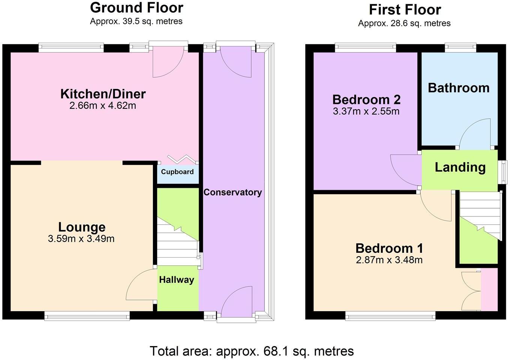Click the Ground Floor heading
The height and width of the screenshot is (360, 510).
tap(136, 7)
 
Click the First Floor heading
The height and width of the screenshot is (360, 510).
tap(405, 9)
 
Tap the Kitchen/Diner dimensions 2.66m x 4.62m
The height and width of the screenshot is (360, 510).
tap(103, 106)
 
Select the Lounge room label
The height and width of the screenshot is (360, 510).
tap(82, 227)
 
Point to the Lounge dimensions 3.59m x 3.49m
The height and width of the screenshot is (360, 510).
tap(81, 238)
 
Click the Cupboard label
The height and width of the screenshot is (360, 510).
tap(177, 172)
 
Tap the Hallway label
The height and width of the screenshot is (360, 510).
tap(177, 280)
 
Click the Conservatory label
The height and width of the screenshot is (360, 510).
tap(232, 192)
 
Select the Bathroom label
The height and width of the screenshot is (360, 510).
tap(459, 88)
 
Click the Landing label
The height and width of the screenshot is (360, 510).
tap(460, 167)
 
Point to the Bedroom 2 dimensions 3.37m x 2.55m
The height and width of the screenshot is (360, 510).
tap(366, 111)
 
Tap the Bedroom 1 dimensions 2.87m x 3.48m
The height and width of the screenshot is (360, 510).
tap(389, 260)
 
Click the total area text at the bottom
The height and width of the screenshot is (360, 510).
tap(252, 351)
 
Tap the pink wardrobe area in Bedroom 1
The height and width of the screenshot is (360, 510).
tap(489, 289)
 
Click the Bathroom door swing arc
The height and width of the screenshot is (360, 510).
tap(475, 133)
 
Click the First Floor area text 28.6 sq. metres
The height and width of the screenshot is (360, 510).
tap(404, 23)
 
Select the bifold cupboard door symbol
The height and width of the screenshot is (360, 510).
tap(182, 159)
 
